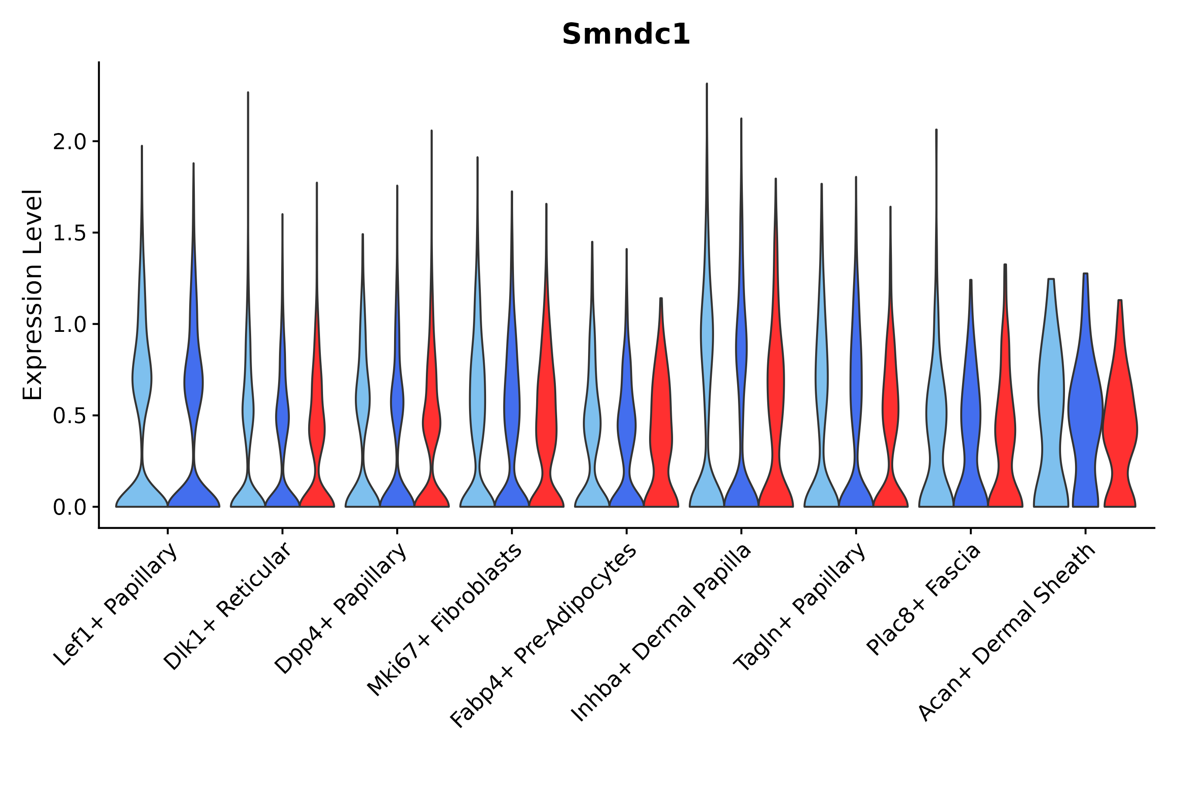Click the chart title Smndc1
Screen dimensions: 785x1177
coord(626,35)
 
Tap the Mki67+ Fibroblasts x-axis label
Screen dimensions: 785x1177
coord(445,621)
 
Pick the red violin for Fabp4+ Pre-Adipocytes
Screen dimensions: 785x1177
coord(661,426)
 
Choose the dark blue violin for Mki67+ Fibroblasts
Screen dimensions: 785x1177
coord(511,410)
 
